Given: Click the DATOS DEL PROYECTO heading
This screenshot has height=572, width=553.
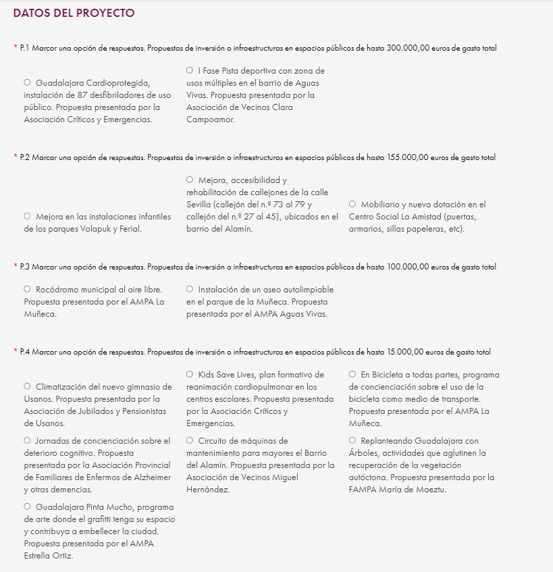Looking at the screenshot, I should click(x=74, y=14).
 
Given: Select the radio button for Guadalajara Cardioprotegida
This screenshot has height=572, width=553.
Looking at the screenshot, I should click(x=28, y=82).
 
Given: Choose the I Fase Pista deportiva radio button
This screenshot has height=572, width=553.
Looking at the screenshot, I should click(x=190, y=70).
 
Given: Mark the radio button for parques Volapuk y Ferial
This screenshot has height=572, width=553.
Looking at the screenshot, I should click(x=28, y=216).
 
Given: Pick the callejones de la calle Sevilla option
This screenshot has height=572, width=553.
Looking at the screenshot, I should click(x=190, y=180).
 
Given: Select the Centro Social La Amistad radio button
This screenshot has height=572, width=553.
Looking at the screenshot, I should click(x=352, y=204).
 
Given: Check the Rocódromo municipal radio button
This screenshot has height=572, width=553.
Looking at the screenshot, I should click(x=28, y=289).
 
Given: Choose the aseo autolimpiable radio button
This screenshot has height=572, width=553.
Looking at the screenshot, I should click(x=190, y=289).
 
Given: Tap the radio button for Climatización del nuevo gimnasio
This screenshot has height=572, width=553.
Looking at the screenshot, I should click(x=28, y=386).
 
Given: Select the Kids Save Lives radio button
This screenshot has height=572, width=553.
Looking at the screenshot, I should click(x=190, y=374).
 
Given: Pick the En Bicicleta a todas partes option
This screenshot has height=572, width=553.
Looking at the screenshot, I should click(x=352, y=374).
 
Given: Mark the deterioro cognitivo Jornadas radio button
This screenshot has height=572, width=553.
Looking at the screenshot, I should click(x=28, y=440).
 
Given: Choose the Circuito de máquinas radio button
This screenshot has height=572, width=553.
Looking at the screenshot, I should click(x=190, y=440).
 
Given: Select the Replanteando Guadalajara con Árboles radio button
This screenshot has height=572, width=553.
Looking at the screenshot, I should click(x=352, y=440).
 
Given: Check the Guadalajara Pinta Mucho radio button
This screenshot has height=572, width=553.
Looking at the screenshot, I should click(x=28, y=506).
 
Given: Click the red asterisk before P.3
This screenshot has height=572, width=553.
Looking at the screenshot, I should click(x=16, y=267).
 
